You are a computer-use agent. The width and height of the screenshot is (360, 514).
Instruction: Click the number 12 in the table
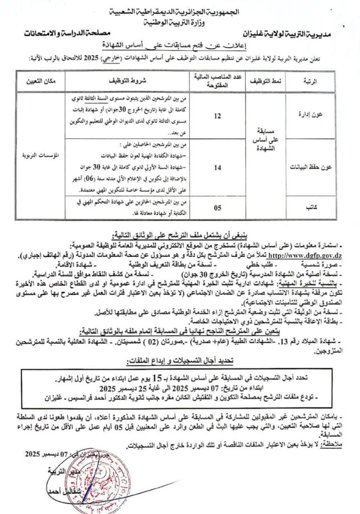217,116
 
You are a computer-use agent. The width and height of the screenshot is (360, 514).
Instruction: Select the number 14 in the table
217,168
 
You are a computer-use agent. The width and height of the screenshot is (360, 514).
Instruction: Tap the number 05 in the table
217,206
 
